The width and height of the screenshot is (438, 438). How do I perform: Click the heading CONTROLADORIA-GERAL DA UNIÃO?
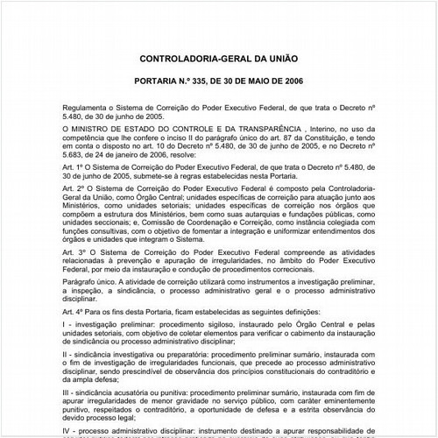[x=219, y=60]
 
